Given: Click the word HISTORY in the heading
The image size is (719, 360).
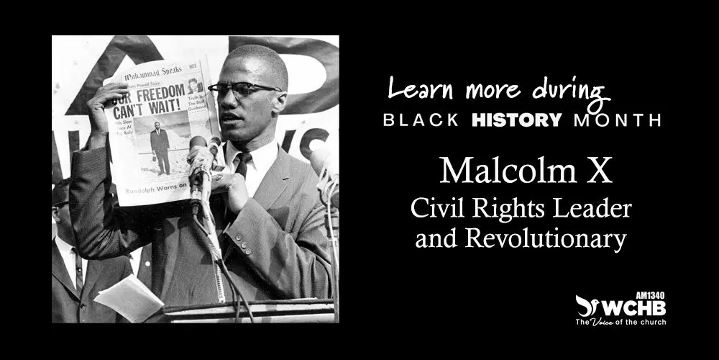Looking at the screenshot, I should (516, 120).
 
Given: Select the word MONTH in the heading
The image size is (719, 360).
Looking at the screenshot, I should (617, 120).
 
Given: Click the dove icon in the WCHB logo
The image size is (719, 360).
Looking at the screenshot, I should (587, 305).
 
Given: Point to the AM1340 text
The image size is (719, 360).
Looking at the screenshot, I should (651, 294).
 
